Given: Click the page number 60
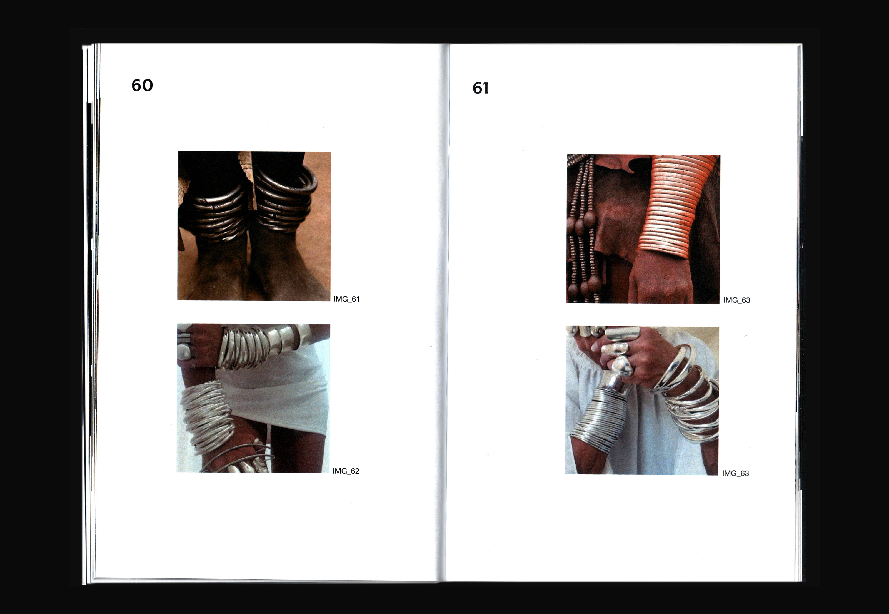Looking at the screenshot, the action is (x=142, y=85).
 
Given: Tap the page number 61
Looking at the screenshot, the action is (x=481, y=88).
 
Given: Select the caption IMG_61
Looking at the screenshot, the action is (x=346, y=299).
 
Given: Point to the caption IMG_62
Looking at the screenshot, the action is (x=346, y=471).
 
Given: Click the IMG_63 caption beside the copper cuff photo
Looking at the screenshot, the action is (x=736, y=300).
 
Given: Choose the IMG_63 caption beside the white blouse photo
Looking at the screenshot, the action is (x=735, y=473).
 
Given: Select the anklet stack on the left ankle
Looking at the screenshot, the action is (x=217, y=212).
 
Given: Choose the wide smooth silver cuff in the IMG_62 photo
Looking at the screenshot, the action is (x=286, y=339).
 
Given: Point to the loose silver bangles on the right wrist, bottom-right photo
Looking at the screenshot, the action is (x=688, y=396).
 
